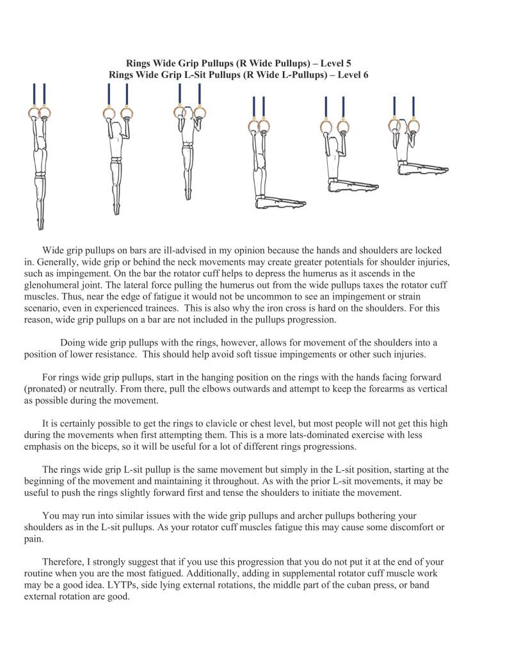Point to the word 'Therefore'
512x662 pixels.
click(x=63, y=562)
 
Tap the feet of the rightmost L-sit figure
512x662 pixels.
click(x=442, y=169)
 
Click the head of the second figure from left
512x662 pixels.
click(x=117, y=130)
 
